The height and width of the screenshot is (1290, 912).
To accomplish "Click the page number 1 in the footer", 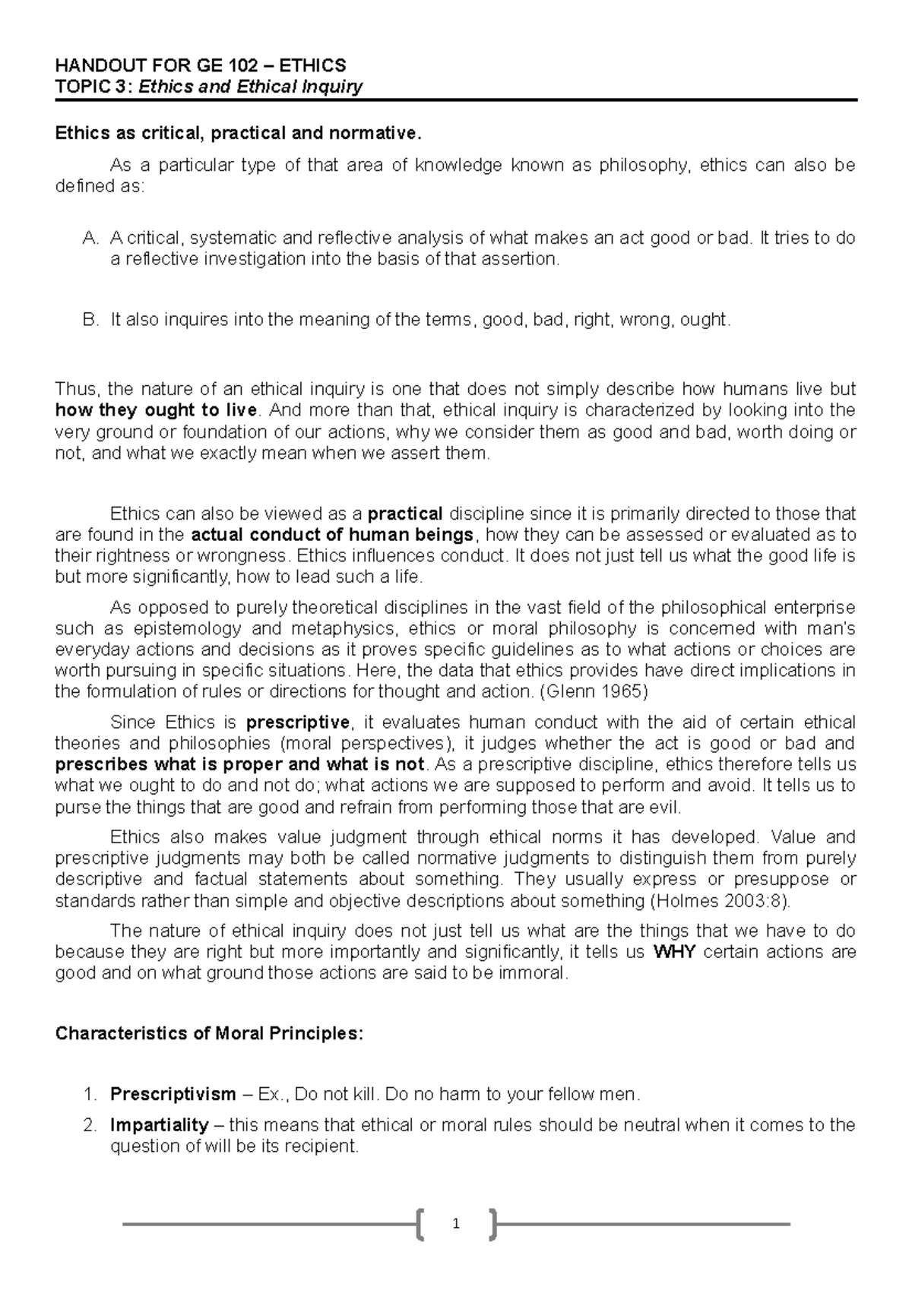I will click(x=456, y=1224).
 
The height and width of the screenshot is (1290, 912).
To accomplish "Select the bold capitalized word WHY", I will click(x=674, y=952).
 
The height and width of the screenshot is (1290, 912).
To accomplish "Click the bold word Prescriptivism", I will click(x=173, y=1094).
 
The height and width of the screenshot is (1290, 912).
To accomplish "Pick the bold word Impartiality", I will click(x=160, y=1124).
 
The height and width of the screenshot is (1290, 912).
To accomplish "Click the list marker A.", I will click(x=90, y=238).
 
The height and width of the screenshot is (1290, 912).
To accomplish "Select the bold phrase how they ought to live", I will click(x=157, y=411).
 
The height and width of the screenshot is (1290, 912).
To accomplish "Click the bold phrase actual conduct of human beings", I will click(x=333, y=534).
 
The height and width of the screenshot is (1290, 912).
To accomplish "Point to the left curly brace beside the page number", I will click(x=420, y=1224).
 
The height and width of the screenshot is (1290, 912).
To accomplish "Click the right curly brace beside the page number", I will click(x=492, y=1224).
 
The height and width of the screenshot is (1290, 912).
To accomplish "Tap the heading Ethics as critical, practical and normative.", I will click(x=237, y=134).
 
